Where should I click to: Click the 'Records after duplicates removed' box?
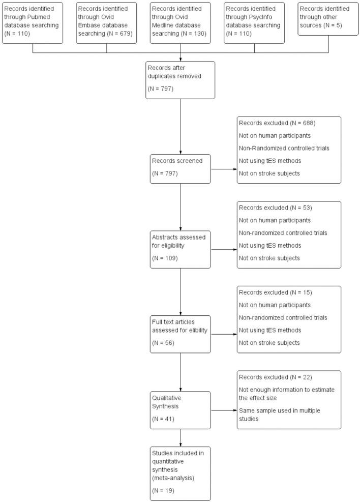coord(180,80)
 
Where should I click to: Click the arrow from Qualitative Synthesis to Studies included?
coord(180,438)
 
